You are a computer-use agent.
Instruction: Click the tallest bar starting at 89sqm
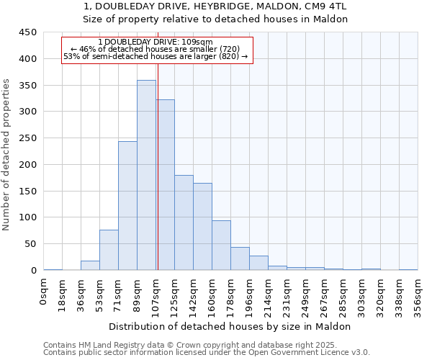(x=146, y=175)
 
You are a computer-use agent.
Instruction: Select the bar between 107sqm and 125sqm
(x=166, y=185)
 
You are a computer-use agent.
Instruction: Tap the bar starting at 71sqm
(x=127, y=206)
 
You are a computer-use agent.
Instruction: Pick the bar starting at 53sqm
(x=109, y=250)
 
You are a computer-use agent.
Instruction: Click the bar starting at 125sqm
(x=184, y=222)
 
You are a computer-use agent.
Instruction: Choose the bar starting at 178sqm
(x=240, y=258)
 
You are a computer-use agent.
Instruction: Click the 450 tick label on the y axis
(x=27, y=32)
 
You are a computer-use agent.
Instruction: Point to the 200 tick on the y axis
(x=27, y=165)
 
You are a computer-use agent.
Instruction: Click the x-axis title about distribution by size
(x=230, y=326)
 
